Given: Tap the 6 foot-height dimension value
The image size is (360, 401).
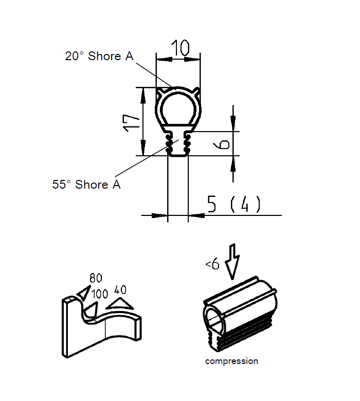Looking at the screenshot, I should tap(223, 143).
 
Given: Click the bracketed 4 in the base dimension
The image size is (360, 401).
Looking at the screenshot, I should tap(245, 205).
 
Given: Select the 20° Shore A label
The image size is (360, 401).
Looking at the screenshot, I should tap(99, 56).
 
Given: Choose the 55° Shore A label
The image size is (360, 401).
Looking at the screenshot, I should tap(86, 184).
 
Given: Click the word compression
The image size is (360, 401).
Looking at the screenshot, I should tap(231, 361).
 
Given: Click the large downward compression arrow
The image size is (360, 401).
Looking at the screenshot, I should tap(233, 260).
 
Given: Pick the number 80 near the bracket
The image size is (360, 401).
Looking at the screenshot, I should tap(96, 278).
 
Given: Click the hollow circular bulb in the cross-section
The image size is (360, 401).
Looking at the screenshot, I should tap(178, 108).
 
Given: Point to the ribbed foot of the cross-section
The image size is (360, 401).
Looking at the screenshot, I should tap(178, 144).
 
